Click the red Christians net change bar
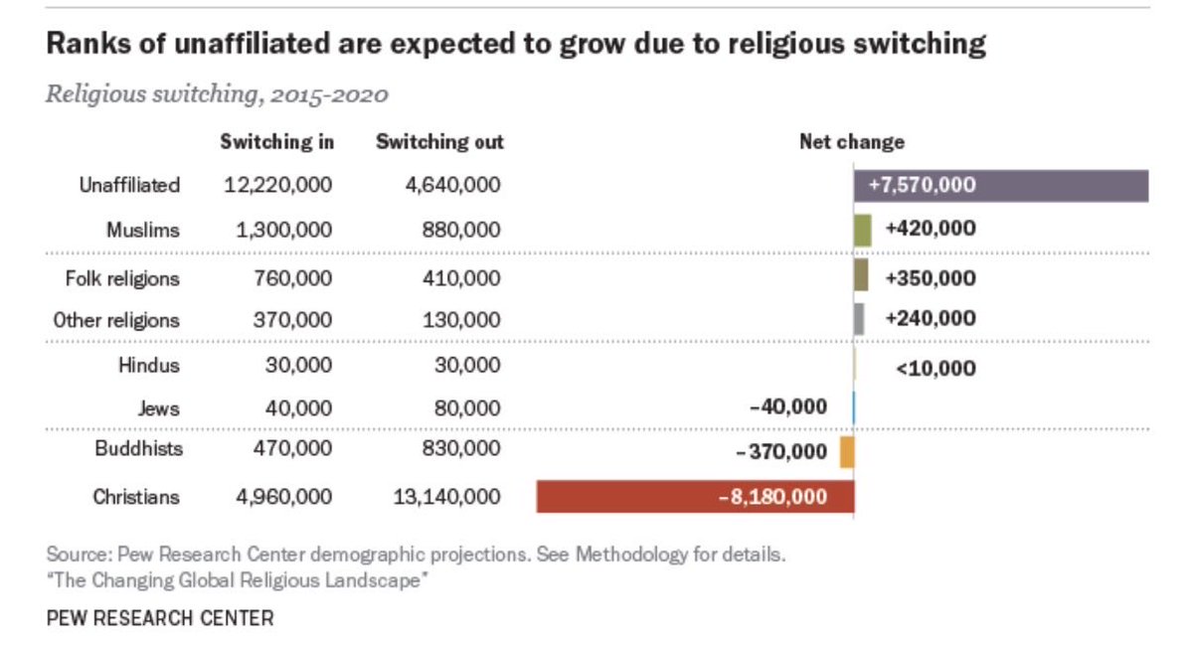coord(696,497)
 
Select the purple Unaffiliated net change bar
coord(1001,186)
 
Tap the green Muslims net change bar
coord(863,231)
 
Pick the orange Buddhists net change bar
coord(847,452)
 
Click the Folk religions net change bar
coord(861,274)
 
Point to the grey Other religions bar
coord(859,319)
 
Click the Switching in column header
coord(277,141)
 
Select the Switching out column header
coord(439,141)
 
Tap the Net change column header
coord(852,141)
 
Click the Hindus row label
coord(149,365)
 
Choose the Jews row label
coord(159,408)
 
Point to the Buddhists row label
coord(138,449)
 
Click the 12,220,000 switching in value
coord(278,185)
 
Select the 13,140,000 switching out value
coord(446,497)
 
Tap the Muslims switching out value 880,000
coord(461,230)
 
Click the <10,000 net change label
coord(936,369)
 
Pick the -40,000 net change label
coord(788,407)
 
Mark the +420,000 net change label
coord(931,229)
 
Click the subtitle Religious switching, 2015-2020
coord(217,94)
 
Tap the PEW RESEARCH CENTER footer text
coord(160,618)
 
